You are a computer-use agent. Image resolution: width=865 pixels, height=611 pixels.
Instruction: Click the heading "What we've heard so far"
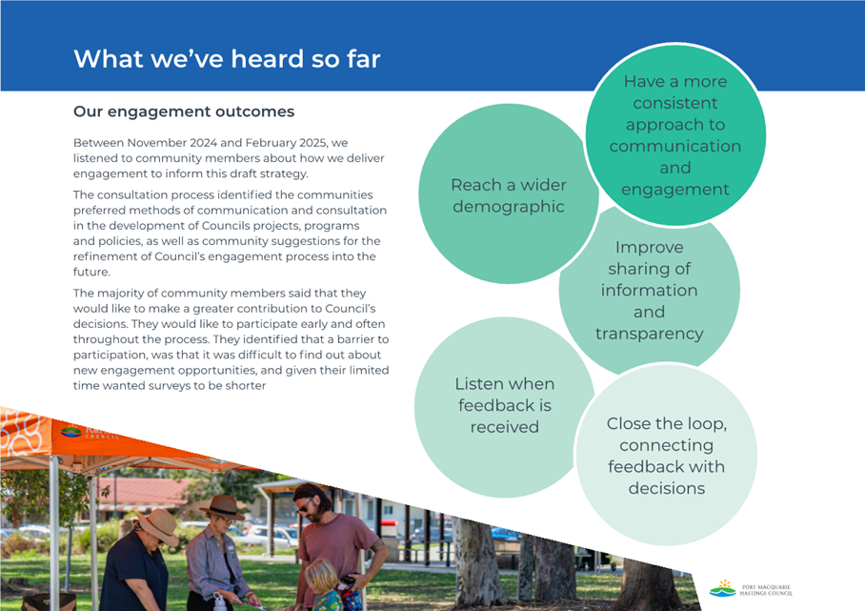coord(227,59)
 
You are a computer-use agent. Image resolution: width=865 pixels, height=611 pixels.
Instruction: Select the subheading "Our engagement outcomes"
coord(184,112)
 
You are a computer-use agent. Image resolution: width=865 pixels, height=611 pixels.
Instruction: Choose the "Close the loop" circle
coord(667,456)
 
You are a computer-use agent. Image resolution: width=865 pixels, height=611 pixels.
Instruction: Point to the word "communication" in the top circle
coord(675,146)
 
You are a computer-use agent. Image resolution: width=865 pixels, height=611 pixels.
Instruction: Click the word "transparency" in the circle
coord(650,334)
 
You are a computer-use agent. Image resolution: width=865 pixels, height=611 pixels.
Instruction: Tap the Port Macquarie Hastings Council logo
coord(751,589)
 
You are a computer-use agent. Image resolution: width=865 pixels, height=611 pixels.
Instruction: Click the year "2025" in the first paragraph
coord(312,143)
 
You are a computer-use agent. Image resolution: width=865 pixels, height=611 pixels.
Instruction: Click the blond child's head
coord(322,576)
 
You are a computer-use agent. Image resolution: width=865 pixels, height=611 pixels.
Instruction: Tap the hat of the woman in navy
coord(158,525)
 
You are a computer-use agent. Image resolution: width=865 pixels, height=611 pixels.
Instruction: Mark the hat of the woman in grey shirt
coord(222,507)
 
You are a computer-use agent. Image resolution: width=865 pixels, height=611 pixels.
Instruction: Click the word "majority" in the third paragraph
coord(132,294)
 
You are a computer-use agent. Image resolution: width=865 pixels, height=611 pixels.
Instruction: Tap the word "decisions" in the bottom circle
coord(667,488)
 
